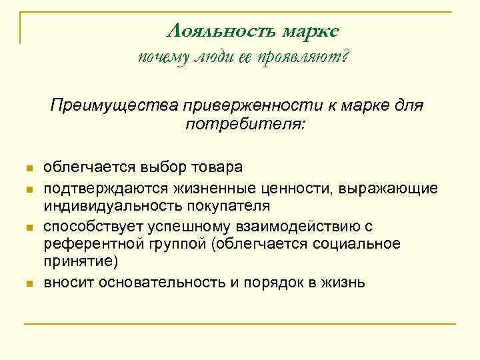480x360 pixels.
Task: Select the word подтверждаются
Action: [x=93, y=188]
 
